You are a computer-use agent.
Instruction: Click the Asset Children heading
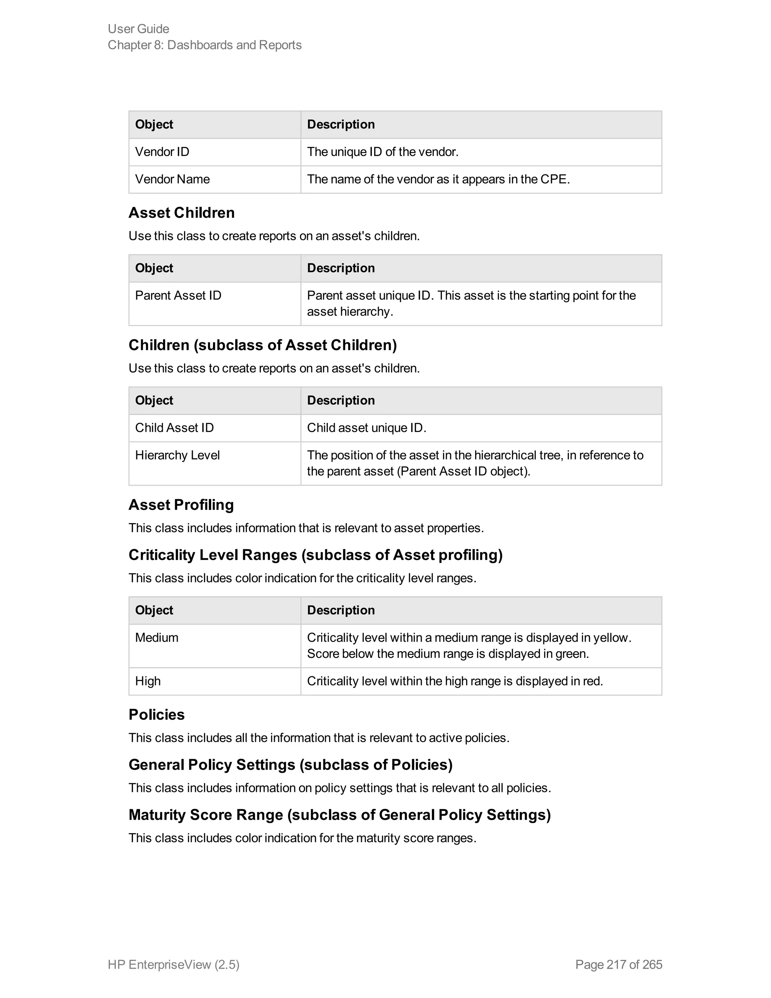181,212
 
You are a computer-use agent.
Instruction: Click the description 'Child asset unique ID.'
366,428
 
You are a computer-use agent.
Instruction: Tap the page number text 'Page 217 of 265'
619,964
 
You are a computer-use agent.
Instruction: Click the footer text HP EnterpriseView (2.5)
174,964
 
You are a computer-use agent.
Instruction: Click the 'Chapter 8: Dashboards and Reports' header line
205,45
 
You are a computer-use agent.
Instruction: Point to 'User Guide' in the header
139,29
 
